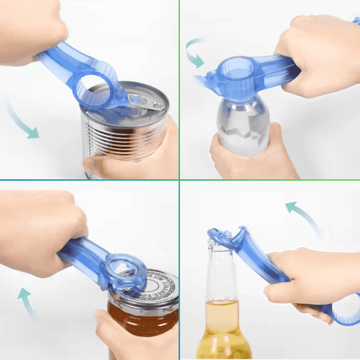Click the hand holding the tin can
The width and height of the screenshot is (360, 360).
click(144, 158)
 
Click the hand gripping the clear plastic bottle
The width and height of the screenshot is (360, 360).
click(248, 158)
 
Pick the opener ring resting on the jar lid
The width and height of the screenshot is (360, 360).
click(124, 270)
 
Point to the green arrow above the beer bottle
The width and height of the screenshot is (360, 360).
click(302, 216)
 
